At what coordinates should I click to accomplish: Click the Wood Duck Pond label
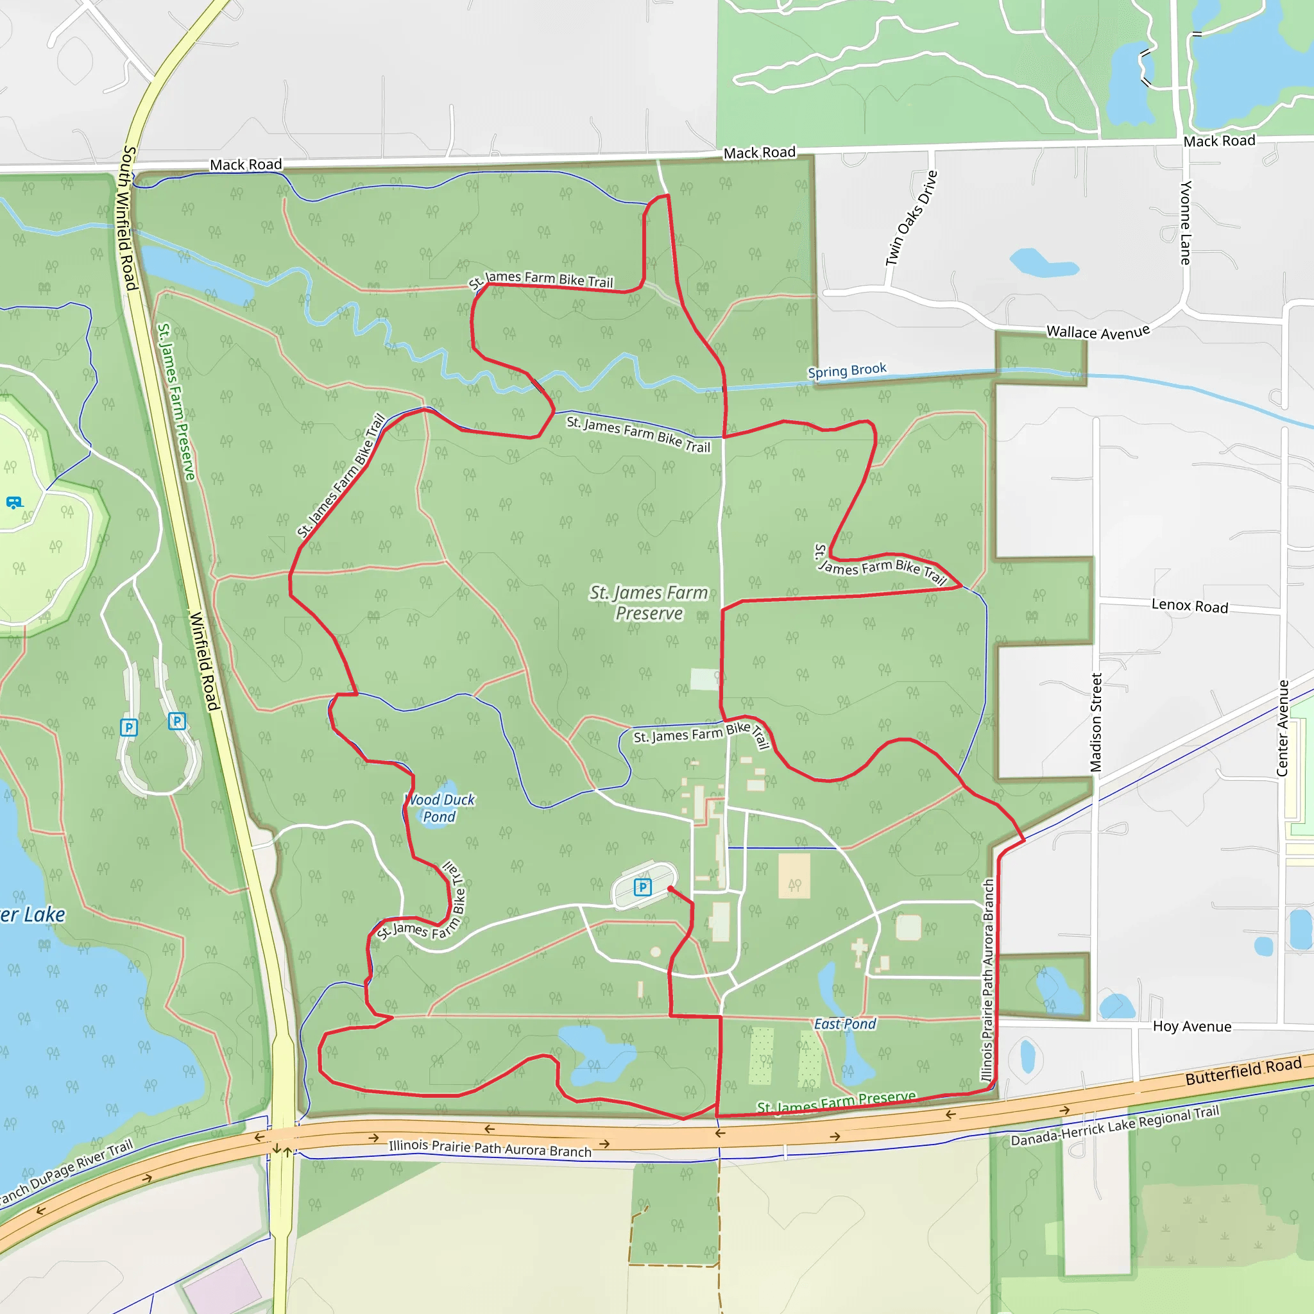pyautogui.click(x=440, y=808)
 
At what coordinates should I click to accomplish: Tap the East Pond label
pyautogui.click(x=845, y=1024)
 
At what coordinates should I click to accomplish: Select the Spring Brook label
pyautogui.click(x=847, y=371)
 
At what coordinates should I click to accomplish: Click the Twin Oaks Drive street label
pyautogui.click(x=911, y=218)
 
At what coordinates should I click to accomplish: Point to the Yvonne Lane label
pyautogui.click(x=1186, y=223)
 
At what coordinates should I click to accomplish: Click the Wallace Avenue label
pyautogui.click(x=1098, y=332)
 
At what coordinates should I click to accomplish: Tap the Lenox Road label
pyautogui.click(x=1190, y=606)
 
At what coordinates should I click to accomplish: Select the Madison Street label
pyautogui.click(x=1096, y=722)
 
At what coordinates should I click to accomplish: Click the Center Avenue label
pyautogui.click(x=1282, y=728)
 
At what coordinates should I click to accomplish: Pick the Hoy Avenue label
pyautogui.click(x=1191, y=1027)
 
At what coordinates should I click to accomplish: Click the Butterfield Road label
pyautogui.click(x=1243, y=1071)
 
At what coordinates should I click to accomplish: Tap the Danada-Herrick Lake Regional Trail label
pyautogui.click(x=1114, y=1126)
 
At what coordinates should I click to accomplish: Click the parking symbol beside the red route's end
pyautogui.click(x=643, y=887)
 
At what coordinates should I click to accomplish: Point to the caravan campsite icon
pyautogui.click(x=13, y=502)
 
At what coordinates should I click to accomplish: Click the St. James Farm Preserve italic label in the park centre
pyautogui.click(x=649, y=602)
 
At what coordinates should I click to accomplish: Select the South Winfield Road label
pyautogui.click(x=128, y=218)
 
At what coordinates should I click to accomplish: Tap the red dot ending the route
pyautogui.click(x=670, y=889)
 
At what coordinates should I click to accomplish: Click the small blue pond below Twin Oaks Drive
pyautogui.click(x=1042, y=263)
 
